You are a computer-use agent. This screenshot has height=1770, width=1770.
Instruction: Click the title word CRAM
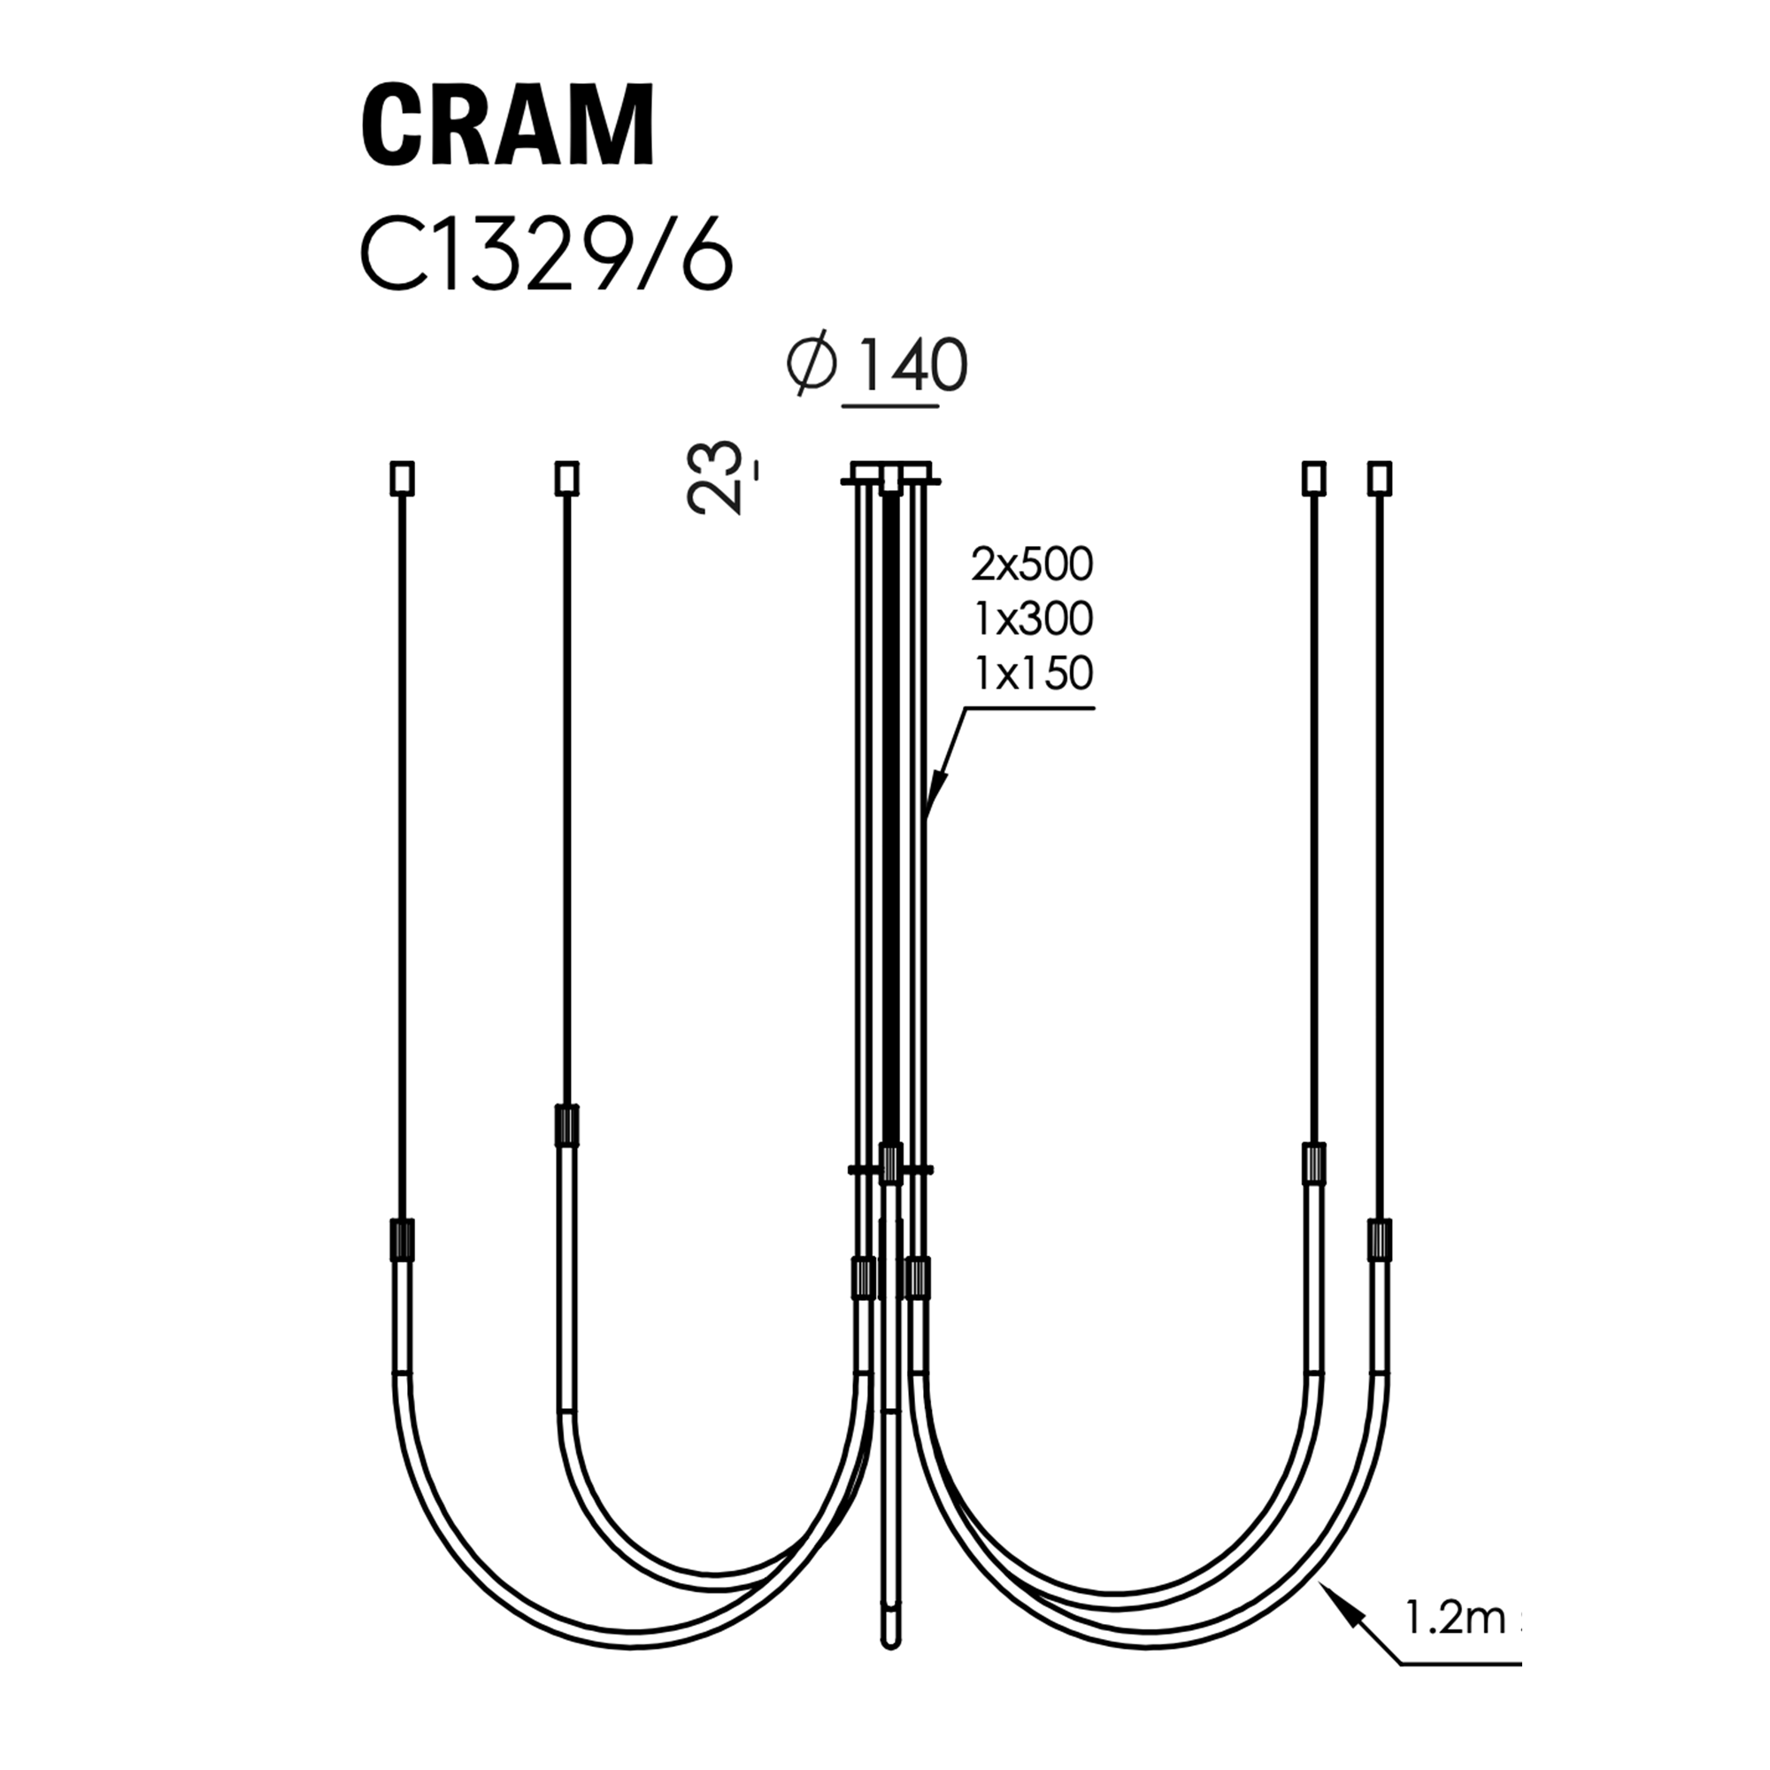coord(509,125)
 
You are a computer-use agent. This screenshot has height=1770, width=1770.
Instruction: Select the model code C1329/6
coord(547,258)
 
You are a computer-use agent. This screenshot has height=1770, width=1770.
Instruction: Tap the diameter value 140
coord(912,366)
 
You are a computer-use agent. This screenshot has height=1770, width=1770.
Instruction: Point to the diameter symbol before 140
coord(812,364)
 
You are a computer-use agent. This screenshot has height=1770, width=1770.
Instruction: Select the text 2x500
coord(1033,566)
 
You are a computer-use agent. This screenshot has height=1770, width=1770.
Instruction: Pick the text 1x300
coord(1034,619)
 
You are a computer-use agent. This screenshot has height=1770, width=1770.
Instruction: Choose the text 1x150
coord(1034,673)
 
